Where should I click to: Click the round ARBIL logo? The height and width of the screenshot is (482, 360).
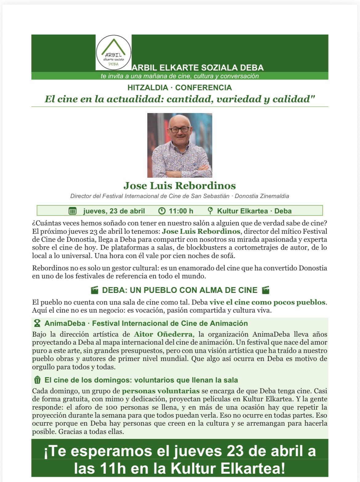114,52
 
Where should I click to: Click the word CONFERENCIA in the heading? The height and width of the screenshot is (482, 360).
203,88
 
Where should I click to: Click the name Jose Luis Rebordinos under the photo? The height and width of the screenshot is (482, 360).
179,186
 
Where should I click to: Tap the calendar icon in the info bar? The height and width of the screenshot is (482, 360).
72,211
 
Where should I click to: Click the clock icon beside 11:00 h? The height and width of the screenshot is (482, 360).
162,211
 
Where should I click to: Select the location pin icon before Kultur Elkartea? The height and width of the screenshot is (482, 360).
210,211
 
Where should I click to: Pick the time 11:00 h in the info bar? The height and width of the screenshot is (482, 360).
181,211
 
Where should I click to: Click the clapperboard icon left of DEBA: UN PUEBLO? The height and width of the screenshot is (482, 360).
95,290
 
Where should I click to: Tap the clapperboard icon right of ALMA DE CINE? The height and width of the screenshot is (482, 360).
265,290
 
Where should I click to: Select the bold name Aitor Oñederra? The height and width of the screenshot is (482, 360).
163,334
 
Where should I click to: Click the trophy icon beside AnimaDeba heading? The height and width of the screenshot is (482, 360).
37,324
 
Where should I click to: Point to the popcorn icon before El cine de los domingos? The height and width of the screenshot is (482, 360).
37,380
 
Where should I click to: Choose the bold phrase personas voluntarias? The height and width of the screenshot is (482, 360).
161,391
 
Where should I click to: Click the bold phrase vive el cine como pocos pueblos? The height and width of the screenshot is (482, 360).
267,302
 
